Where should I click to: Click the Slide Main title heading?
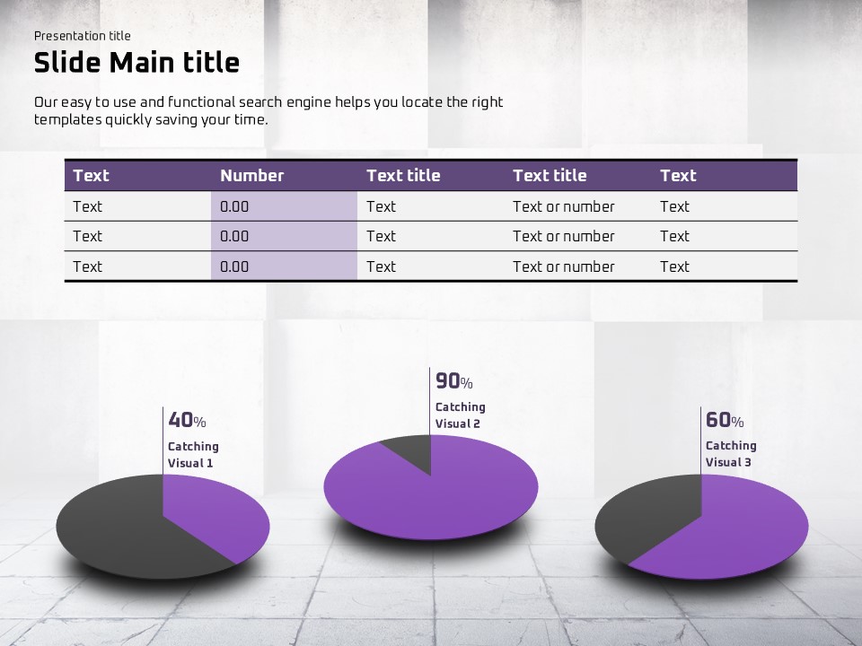coord(136,62)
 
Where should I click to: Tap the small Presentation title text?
coord(83,36)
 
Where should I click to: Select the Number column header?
coord(251,175)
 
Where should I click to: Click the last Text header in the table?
coord(678,175)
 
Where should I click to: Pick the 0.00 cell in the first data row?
coord(234,206)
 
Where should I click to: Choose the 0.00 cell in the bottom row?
coord(234,266)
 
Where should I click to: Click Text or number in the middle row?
coord(564,236)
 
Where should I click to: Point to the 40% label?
coord(187,420)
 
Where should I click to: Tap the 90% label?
coord(454,380)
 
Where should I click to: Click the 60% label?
coord(725,420)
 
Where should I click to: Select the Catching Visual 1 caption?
coord(193,454)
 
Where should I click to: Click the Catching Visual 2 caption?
coord(460,415)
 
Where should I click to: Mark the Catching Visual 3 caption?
coord(731,453)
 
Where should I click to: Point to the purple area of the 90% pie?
coord(440,500)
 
